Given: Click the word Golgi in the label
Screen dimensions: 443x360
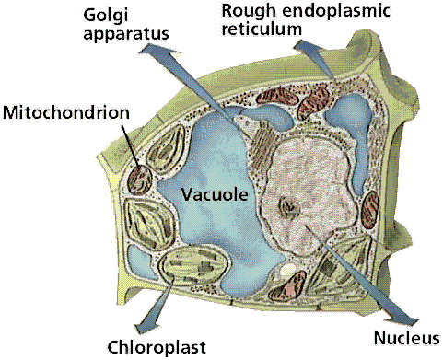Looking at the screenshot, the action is click(x=106, y=16).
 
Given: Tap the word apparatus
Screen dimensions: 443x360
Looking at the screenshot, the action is click(x=126, y=33).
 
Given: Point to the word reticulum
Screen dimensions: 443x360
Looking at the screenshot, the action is click(x=262, y=29).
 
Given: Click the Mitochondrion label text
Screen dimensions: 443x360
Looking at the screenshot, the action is click(x=66, y=112).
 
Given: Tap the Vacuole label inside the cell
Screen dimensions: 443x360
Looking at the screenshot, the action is click(x=215, y=194).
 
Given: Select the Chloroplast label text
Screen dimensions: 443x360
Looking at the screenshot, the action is click(x=157, y=347).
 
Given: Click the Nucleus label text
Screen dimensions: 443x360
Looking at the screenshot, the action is click(x=407, y=338).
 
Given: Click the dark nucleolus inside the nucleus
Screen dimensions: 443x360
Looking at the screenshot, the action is click(x=288, y=207).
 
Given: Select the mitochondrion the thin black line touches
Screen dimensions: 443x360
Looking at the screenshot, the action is click(x=140, y=180).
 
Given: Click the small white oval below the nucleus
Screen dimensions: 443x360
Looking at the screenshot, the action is click(x=287, y=270).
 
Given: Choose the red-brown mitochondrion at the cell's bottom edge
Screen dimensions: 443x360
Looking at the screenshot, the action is click(x=287, y=286).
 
